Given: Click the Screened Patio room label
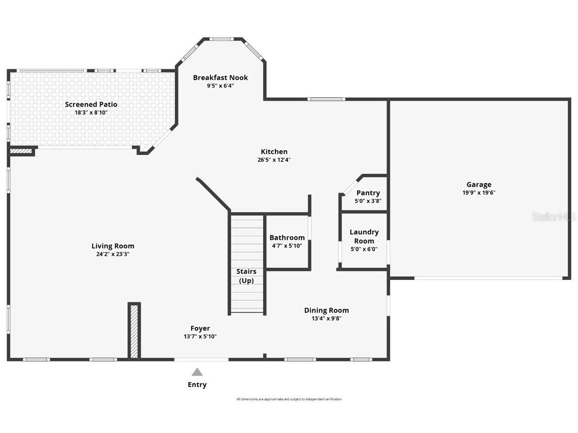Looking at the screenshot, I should [91, 104].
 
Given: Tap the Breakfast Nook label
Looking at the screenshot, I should [220, 77].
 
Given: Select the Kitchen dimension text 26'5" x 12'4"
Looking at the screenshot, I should [274, 160].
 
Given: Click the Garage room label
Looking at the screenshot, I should [479, 185].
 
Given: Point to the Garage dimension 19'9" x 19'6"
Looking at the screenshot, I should [479, 192].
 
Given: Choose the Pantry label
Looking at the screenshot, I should [368, 193].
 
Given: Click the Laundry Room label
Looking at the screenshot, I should [364, 236].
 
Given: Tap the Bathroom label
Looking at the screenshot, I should [287, 237].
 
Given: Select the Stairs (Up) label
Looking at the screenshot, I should [247, 276].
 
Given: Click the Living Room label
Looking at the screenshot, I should [113, 246].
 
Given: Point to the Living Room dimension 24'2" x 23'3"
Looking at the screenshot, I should [113, 254].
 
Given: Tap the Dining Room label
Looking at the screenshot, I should [326, 310].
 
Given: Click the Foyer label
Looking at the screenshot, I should [200, 328].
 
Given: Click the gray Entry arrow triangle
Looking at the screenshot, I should [197, 372].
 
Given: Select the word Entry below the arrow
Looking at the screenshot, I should [197, 385].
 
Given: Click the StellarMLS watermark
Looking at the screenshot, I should [554, 216].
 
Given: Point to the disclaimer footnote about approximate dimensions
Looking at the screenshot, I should [289, 399].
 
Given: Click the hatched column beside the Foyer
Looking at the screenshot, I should [134, 331].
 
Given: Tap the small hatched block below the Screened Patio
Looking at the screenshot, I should [22, 152].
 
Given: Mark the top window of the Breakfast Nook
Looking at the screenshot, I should [221, 39].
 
